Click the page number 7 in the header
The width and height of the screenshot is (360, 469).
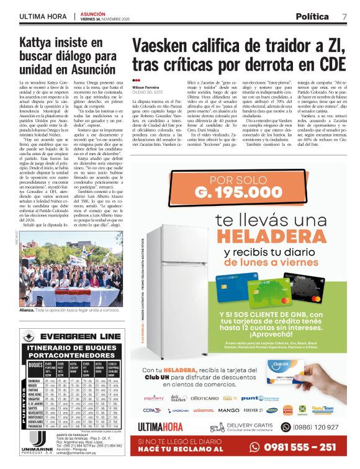pos(344,16)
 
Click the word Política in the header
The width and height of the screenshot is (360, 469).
pos(312,16)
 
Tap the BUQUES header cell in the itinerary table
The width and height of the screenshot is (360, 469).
pos(36,365)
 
